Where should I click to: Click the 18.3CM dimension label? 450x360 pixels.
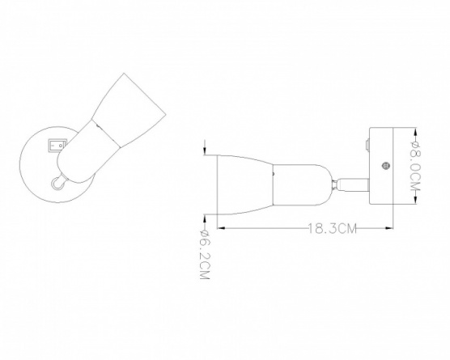(332, 228)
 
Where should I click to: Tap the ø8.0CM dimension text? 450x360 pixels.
(415, 166)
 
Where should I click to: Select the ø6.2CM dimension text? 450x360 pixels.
(204, 255)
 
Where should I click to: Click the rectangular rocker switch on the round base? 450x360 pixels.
(57, 146)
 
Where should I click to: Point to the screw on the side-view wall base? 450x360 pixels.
(385, 166)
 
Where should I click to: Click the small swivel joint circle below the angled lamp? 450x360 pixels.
(57, 183)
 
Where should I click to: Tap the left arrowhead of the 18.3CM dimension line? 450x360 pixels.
(221, 228)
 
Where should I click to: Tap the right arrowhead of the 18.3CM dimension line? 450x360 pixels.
(388, 228)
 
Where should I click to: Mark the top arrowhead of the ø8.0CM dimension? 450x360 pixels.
(415, 133)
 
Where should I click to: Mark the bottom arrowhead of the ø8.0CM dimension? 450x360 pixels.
(415, 200)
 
